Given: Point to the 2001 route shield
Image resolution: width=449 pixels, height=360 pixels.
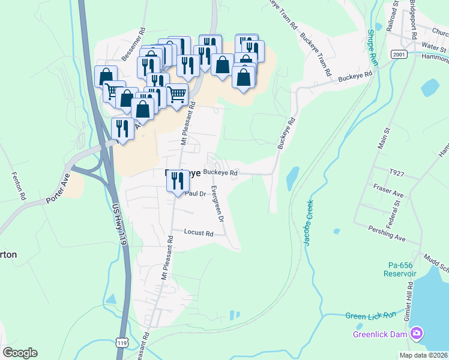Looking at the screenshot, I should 399,54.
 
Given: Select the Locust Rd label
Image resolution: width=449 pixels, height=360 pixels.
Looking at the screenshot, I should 199,232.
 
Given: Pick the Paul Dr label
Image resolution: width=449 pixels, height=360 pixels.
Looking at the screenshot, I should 196,194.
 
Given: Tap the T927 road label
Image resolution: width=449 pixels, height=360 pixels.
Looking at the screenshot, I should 397,172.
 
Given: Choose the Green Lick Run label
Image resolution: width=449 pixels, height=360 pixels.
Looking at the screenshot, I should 371,316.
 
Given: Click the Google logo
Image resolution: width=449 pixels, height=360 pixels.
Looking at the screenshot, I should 20,353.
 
